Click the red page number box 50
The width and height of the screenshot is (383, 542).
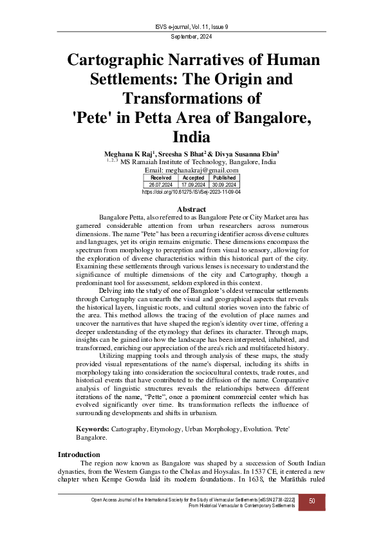pos(311,501)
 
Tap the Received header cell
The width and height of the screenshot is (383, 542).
pos(162,177)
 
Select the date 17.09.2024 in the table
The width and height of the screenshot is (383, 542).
pos(193,184)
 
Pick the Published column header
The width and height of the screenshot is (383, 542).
pos(224,177)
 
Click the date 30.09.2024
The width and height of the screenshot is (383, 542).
pos(224,184)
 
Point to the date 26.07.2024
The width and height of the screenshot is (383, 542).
pos(162,184)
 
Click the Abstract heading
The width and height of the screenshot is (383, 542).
pos(191,209)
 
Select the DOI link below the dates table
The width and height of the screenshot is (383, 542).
pos(191,191)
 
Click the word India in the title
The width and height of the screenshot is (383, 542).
pos(191,138)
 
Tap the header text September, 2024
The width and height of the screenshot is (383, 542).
pos(191,37)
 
